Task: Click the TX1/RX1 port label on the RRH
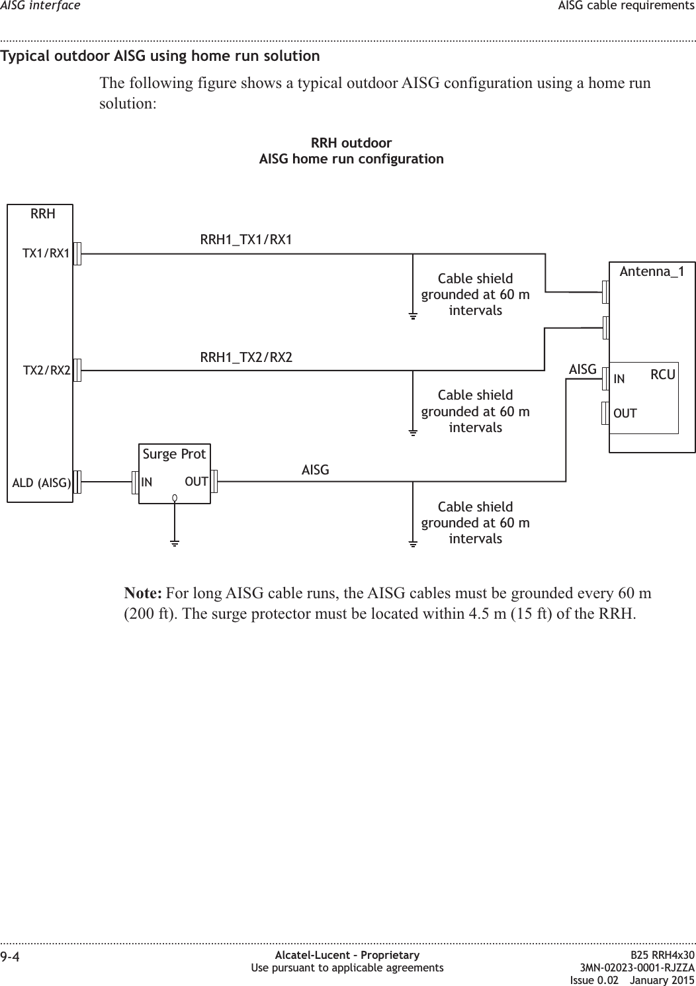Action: pyautogui.click(x=46, y=253)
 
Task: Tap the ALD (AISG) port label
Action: pyautogui.click(x=42, y=482)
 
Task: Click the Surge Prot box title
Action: pyautogui.click(x=175, y=454)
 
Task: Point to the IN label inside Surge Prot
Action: pyautogui.click(x=147, y=482)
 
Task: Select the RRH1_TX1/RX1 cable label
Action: pyautogui.click(x=246, y=240)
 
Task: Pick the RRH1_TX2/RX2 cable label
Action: pyautogui.click(x=246, y=357)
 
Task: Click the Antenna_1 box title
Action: pyautogui.click(x=652, y=272)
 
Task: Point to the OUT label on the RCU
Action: pyautogui.click(x=625, y=414)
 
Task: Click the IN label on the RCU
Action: pyautogui.click(x=619, y=379)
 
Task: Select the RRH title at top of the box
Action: pyautogui.click(x=42, y=214)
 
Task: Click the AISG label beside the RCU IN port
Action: pyautogui.click(x=583, y=369)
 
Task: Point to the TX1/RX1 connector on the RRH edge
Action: pyautogui.click(x=77, y=253)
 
